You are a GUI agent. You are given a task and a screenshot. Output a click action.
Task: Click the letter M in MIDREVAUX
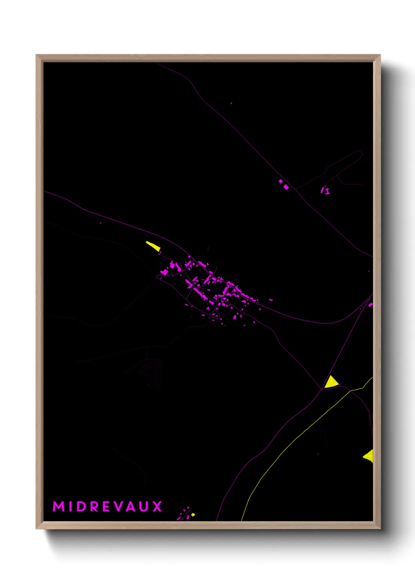pyautogui.click(x=58, y=506)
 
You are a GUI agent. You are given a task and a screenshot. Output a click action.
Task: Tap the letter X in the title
pyautogui.click(x=157, y=506)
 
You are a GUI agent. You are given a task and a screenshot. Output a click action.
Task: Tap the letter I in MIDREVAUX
pyautogui.click(x=70, y=506)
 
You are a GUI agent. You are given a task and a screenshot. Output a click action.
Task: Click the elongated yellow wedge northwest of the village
pyautogui.click(x=153, y=246)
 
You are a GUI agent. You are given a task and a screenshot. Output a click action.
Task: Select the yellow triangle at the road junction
pyautogui.click(x=330, y=382)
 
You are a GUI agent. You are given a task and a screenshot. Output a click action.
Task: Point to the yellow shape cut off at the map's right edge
pyautogui.click(x=369, y=456)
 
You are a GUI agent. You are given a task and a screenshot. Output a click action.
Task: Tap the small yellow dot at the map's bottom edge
pyautogui.click(x=193, y=515)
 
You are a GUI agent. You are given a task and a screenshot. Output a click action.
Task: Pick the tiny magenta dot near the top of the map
pyautogui.click(x=231, y=103)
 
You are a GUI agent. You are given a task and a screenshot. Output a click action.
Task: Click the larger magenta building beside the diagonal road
pyautogui.click(x=286, y=187)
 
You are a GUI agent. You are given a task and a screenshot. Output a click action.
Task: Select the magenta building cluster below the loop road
pyautogui.click(x=325, y=191)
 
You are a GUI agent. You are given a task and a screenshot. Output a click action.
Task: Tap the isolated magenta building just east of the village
pyautogui.click(x=271, y=300)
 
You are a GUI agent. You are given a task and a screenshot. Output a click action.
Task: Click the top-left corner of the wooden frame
pyautogui.click(x=37, y=56)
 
